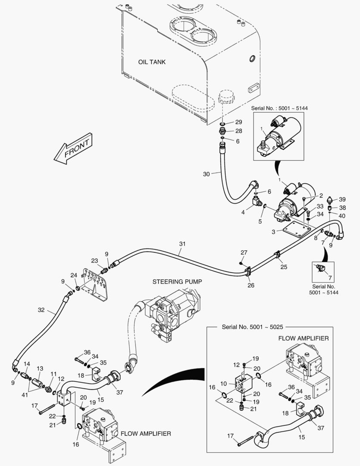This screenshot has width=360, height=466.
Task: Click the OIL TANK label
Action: pyautogui.click(x=152, y=62)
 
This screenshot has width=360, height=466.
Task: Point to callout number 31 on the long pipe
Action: pyautogui.click(x=182, y=244)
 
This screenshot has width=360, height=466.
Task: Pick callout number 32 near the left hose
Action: pyautogui.click(x=41, y=310)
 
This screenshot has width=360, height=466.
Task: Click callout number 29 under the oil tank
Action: pyautogui.click(x=238, y=123)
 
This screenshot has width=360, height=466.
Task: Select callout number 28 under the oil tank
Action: pyautogui.click(x=238, y=131)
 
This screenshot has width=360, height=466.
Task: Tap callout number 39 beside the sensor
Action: pyautogui.click(x=342, y=199)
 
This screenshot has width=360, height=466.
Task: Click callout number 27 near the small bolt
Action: pyautogui.click(x=244, y=252)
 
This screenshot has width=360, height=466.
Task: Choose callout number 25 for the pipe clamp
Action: pyautogui.click(x=283, y=268)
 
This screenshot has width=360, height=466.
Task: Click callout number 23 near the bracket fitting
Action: pyautogui.click(x=94, y=260)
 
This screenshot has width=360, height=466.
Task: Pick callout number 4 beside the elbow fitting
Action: pyautogui.click(x=243, y=212)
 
